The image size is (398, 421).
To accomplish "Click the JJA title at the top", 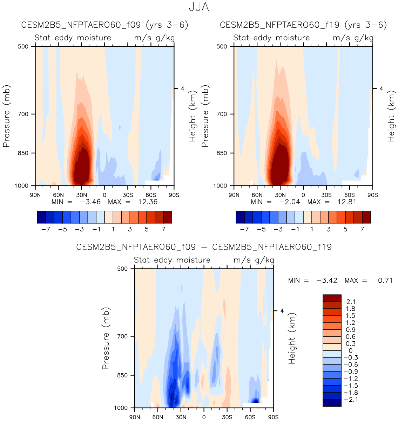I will coord(199,7).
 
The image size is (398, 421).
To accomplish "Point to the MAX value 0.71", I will coord(385,281).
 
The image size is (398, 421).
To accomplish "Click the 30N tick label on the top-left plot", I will coord(81,195).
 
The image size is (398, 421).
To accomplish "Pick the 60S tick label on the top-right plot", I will coord(349,195).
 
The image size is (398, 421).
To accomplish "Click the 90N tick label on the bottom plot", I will coord(135,417).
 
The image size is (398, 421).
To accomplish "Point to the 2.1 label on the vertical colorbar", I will coord(351,302).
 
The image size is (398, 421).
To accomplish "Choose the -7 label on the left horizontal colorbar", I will coord(45,229).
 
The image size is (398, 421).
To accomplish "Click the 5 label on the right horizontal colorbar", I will coord(345,229).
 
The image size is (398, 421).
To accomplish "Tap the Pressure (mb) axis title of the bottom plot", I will coord(106,338).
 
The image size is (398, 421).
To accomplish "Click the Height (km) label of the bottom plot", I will coord(292,338).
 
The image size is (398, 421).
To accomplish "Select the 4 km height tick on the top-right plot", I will coord(381,88).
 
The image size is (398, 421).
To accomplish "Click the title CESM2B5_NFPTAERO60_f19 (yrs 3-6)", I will coord(303,25).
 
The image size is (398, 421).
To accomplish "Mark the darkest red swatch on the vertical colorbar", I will coord(332,298).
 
